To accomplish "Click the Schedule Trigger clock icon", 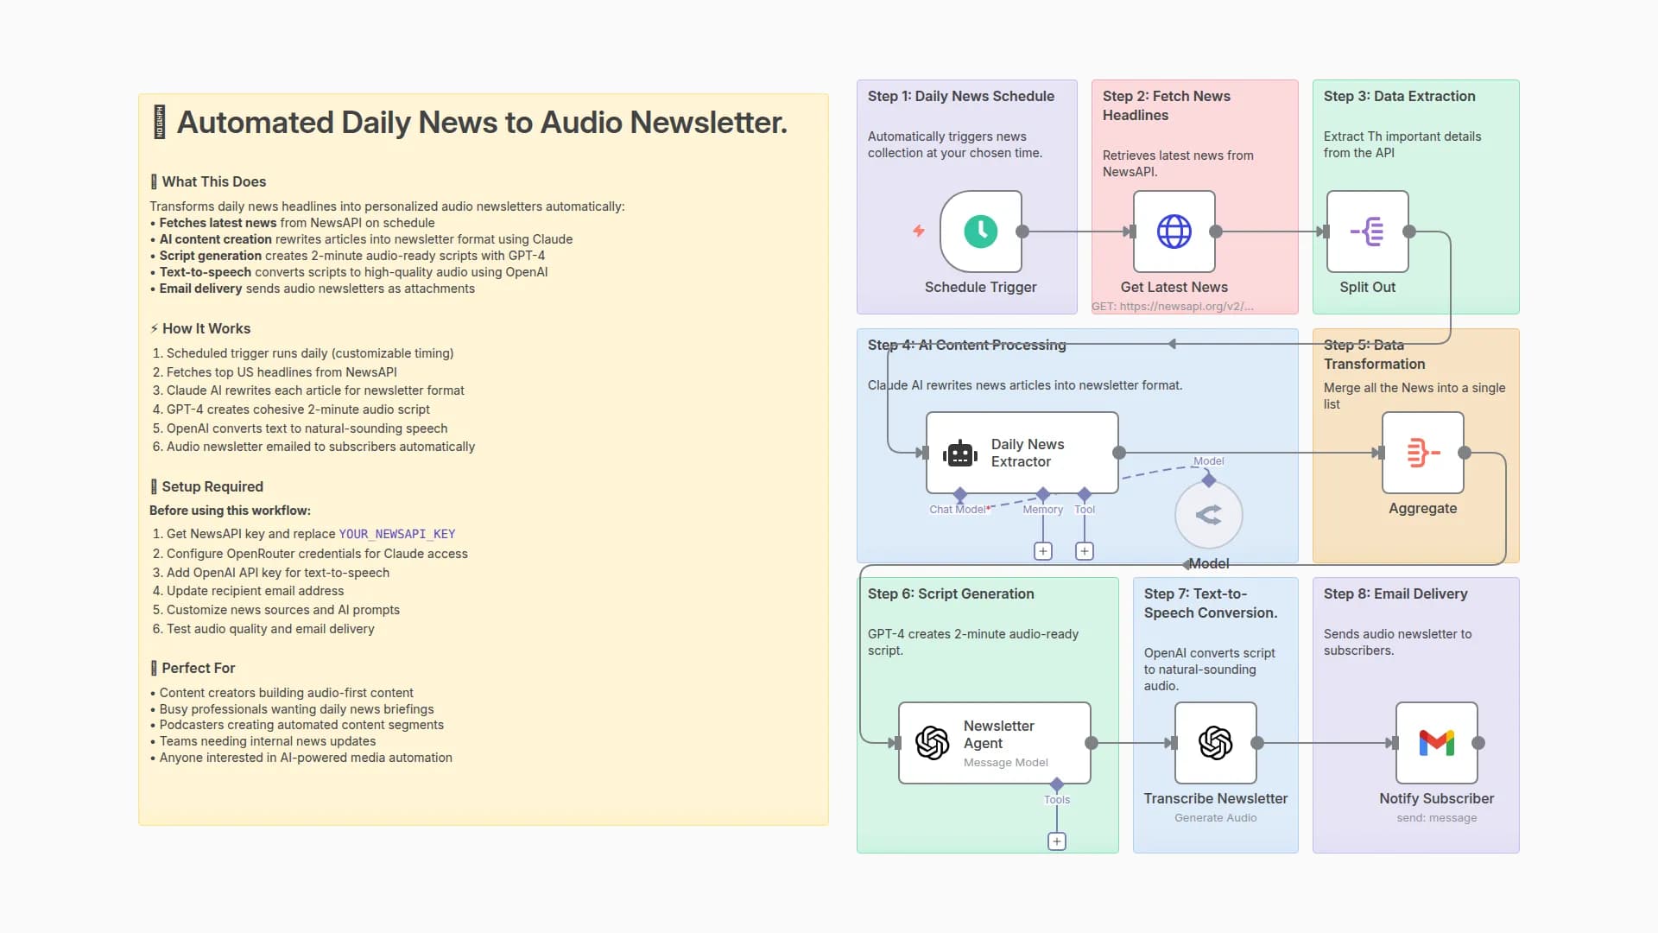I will tap(980, 232).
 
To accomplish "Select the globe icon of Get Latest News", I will tap(1174, 232).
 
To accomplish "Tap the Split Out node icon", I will tap(1367, 232).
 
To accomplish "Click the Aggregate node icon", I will tap(1422, 453).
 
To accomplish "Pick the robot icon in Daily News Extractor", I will tap(960, 454).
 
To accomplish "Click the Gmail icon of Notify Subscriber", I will tap(1436, 743).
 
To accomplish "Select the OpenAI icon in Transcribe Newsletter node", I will tap(1215, 743).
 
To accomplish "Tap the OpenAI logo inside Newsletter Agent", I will tap(933, 743).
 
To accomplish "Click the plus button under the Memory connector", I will tap(1043, 551).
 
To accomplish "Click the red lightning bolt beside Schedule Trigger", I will tap(919, 231).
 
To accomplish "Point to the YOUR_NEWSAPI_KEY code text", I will tap(396, 535).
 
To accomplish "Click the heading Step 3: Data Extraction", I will tap(1399, 97).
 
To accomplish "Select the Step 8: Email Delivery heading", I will tap(1395, 594).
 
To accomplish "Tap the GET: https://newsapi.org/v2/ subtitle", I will tap(1172, 307).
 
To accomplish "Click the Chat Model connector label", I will tap(957, 510).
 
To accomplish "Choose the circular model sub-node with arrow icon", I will tap(1208, 516).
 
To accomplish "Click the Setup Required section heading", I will tap(212, 487).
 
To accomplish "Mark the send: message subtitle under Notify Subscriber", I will tap(1436, 818).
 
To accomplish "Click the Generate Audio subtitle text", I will tap(1215, 818).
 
